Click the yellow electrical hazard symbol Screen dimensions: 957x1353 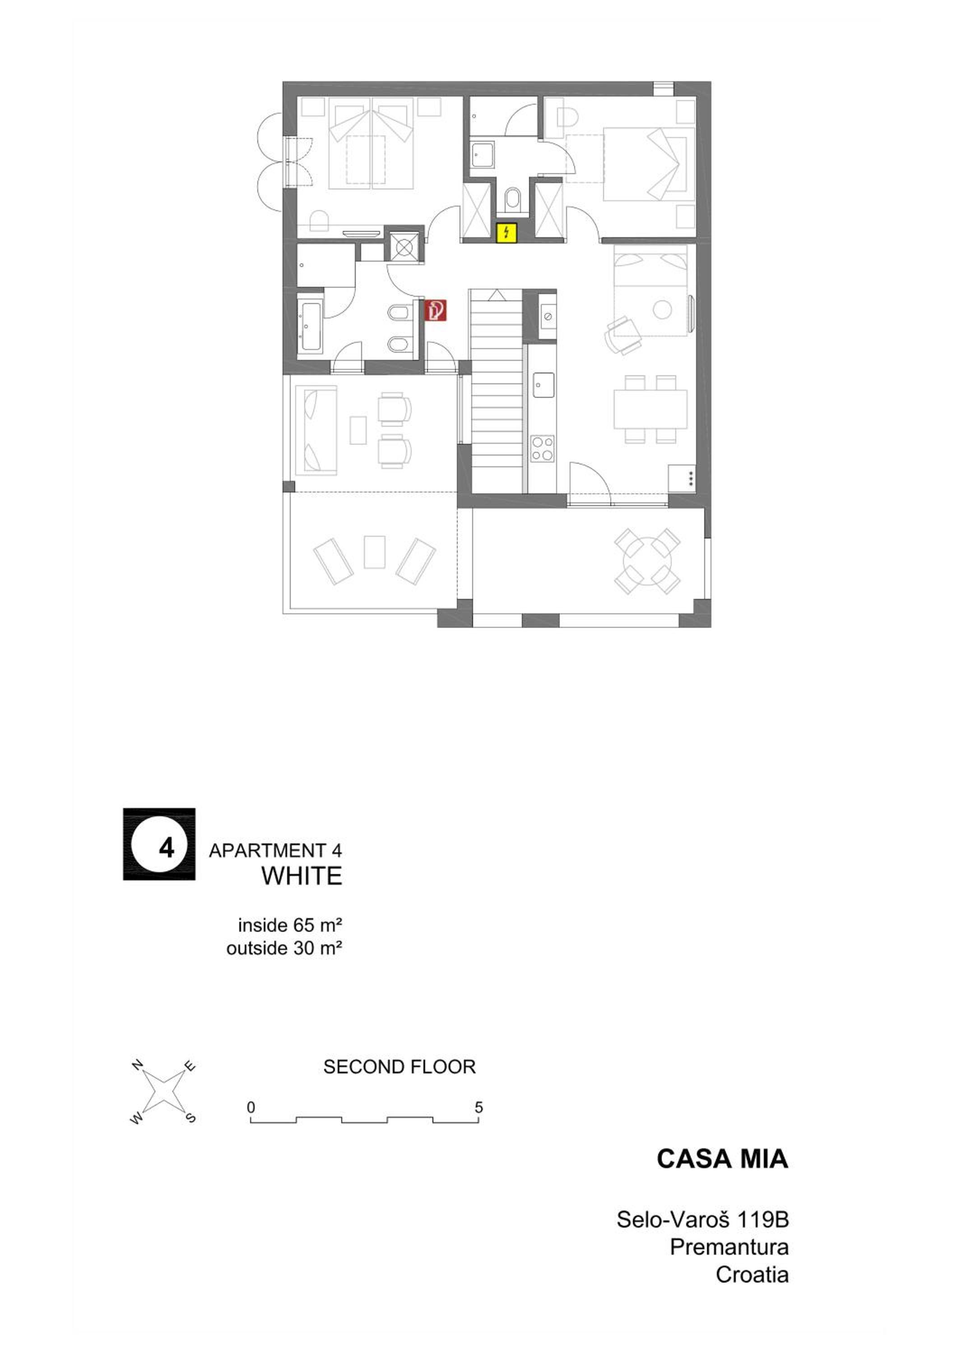click(x=507, y=233)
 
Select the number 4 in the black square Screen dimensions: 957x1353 click(x=167, y=847)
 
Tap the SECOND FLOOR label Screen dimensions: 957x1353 click(x=399, y=1067)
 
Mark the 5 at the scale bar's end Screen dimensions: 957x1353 click(x=479, y=1107)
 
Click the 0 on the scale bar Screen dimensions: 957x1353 click(x=251, y=1107)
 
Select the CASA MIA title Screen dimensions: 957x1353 click(x=722, y=1158)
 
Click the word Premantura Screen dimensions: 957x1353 click(x=729, y=1247)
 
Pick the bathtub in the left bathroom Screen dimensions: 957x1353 click(x=310, y=327)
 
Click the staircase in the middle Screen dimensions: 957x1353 click(x=496, y=391)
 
